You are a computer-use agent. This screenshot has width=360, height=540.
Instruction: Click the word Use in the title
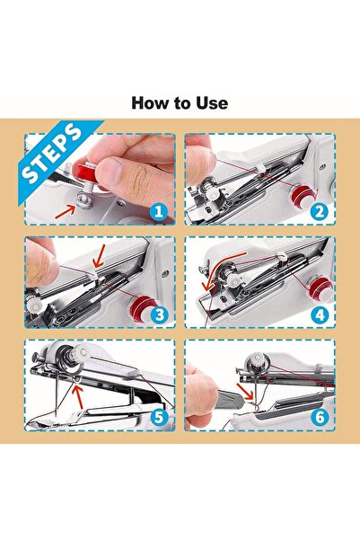coord(212,103)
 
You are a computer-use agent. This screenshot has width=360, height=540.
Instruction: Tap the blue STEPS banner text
coord(53,154)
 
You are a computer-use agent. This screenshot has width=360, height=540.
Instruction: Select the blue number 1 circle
coord(158,212)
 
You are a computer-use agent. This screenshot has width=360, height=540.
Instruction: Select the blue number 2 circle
coord(320,211)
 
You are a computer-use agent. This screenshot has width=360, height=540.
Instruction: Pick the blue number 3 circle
coord(159,314)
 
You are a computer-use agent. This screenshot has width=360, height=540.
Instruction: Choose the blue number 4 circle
coord(320,314)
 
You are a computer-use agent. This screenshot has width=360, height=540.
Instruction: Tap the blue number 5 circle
coord(159,417)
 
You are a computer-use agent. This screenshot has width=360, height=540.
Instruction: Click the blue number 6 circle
coord(320,417)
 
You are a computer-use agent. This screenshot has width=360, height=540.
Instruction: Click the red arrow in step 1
coord(66,211)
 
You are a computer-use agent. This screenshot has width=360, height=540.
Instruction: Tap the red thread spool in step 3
coord(142,306)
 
